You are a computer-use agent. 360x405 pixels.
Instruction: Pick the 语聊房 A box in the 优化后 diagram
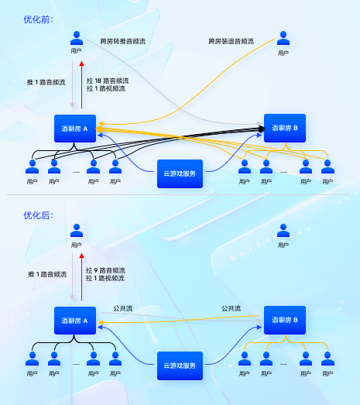(x=75, y=320)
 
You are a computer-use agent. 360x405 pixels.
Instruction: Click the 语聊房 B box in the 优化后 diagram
(x=285, y=320)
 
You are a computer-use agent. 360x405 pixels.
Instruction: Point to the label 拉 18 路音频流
(x=108, y=81)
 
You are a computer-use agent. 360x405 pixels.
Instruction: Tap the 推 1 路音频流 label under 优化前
(x=46, y=81)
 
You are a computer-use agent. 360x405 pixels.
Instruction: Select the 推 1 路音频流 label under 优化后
(x=46, y=275)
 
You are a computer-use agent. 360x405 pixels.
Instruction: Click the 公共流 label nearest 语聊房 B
(x=231, y=307)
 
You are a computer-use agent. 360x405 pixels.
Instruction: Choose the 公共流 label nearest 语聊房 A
(x=123, y=307)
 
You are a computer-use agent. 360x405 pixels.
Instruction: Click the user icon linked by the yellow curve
(x=283, y=38)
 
